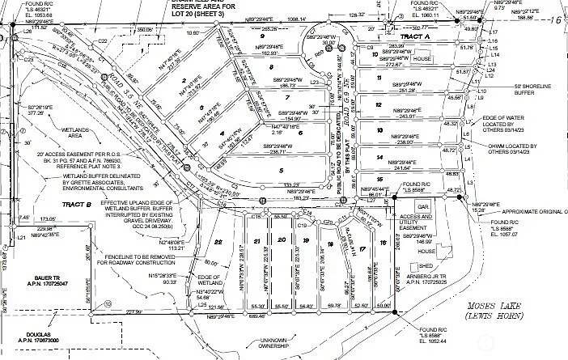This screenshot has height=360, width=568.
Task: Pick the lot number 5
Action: coord(281,171)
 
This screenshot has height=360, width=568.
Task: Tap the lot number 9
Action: coord(261,36)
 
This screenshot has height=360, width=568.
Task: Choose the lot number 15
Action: coord(379,178)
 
